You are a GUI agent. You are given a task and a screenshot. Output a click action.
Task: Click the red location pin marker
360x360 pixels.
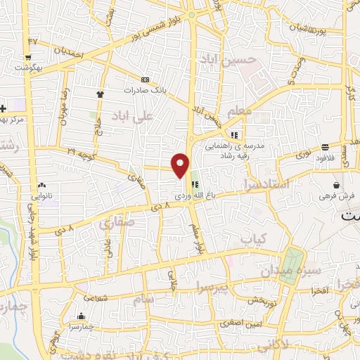[181, 165]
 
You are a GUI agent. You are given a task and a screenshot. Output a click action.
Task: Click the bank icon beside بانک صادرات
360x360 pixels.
[145, 80]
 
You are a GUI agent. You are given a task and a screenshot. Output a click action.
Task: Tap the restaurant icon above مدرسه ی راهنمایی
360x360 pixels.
[233, 135]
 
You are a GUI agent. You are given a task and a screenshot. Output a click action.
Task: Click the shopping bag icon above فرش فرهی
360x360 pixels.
[337, 185]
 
